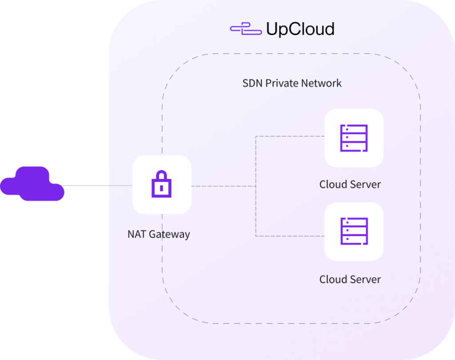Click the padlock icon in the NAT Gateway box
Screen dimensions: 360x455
coord(162,184)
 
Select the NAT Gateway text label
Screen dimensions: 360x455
coord(159,234)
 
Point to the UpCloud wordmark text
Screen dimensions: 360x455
coord(300,29)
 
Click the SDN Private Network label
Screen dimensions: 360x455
coord(292,83)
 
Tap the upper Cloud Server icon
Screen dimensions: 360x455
coord(354,138)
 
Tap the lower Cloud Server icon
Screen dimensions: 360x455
coord(354,231)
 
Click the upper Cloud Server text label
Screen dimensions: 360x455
coord(350,184)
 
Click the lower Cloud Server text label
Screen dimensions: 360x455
coord(350,279)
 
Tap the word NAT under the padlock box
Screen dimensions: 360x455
coord(136,234)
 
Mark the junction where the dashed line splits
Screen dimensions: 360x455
coord(256,186)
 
